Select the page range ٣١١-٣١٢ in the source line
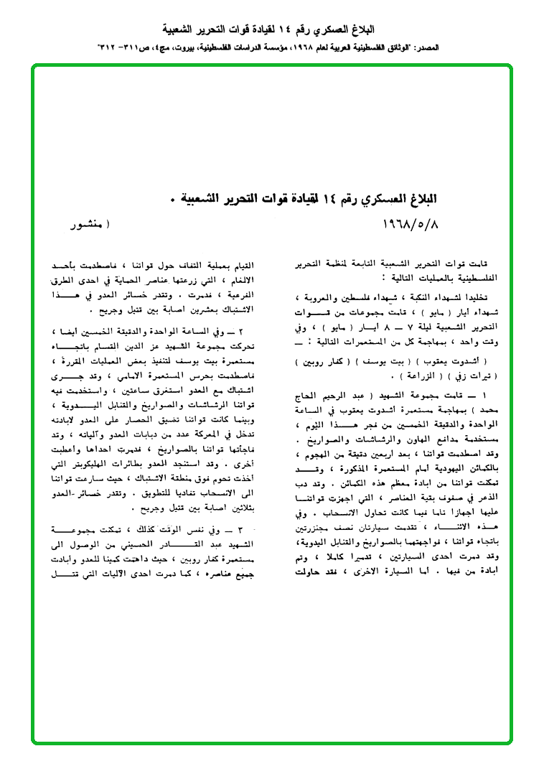(x=119, y=46)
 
